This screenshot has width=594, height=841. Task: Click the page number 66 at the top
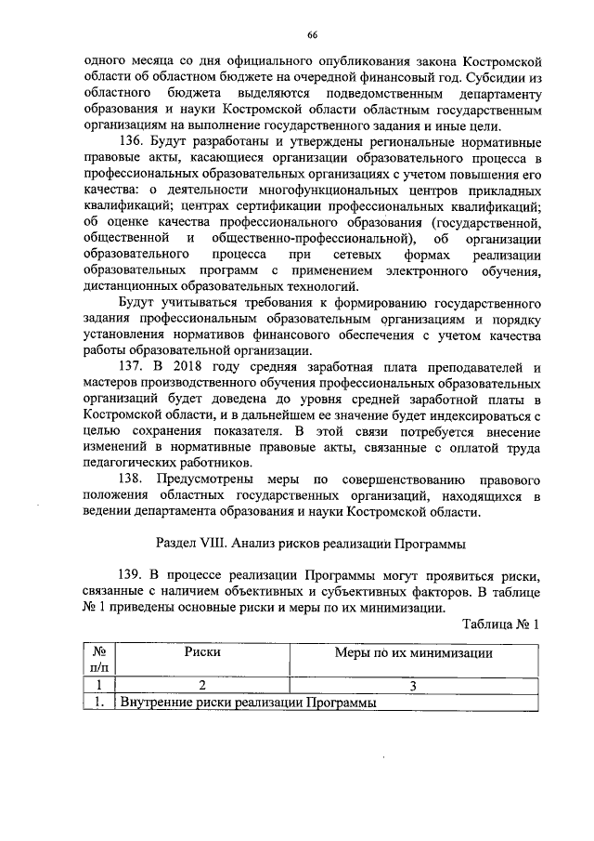click(x=313, y=34)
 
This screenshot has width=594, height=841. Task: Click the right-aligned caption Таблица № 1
click(x=499, y=624)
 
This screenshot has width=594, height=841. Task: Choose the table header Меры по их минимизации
click(x=412, y=652)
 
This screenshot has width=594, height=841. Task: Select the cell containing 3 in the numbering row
click(x=412, y=686)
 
